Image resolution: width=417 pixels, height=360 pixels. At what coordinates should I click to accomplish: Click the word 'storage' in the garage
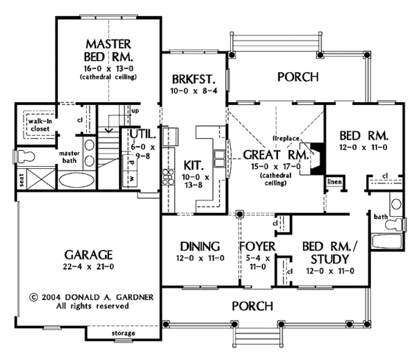124,334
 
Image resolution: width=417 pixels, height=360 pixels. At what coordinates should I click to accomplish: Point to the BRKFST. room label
189,79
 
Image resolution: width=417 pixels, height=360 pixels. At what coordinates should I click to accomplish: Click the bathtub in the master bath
74,182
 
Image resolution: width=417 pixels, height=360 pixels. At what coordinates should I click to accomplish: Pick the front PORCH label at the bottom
252,306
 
